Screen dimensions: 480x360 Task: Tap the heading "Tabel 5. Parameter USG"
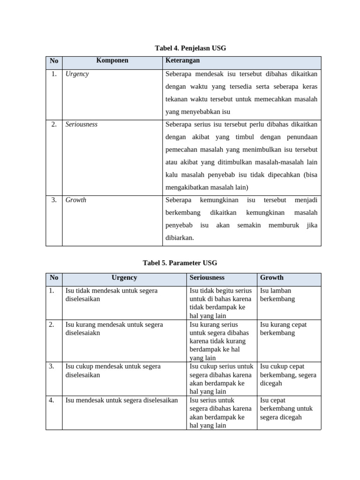click(180, 263)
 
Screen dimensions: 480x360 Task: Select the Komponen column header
click(112, 61)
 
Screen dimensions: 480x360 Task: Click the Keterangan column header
click(182, 61)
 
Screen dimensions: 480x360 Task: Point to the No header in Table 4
click(54, 61)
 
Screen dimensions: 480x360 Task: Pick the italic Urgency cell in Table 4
click(77, 74)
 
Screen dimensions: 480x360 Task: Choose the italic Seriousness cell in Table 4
click(82, 125)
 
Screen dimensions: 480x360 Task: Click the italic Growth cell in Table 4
click(76, 200)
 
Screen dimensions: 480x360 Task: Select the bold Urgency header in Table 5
click(124, 277)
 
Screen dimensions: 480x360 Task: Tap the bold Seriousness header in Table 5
click(207, 277)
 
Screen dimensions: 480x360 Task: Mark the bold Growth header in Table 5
click(272, 277)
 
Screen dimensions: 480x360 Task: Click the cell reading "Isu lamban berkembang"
click(277, 295)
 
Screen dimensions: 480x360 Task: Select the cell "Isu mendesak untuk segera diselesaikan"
click(122, 400)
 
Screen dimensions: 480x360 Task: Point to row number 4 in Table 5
click(52, 400)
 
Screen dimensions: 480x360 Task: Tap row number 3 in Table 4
click(54, 200)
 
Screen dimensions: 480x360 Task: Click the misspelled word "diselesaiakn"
click(83, 333)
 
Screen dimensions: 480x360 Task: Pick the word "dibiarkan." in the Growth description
click(180, 238)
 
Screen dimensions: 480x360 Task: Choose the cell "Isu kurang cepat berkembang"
click(284, 329)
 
